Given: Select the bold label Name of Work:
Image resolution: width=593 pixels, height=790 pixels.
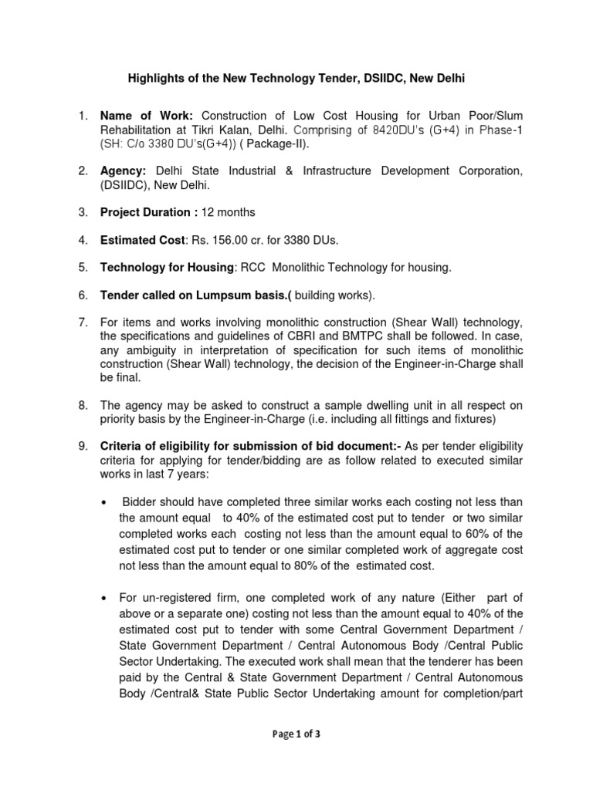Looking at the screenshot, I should [142, 116].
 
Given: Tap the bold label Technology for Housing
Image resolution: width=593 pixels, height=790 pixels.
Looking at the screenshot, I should [167, 268].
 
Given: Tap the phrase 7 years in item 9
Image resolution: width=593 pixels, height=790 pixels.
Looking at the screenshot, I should [178, 474].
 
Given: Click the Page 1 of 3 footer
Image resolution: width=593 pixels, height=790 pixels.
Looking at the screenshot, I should [296, 734].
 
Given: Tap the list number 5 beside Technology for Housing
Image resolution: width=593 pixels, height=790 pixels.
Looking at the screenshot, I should [83, 268].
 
